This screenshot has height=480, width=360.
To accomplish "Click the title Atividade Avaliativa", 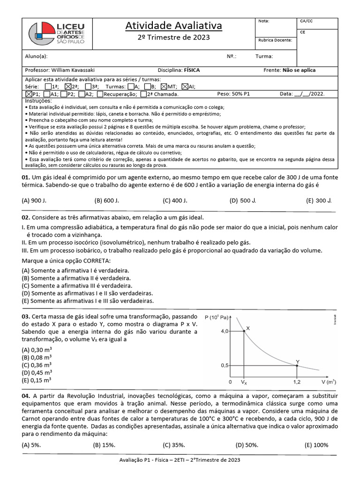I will (x=173, y=25).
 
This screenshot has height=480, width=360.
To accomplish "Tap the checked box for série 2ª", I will (x=68, y=87).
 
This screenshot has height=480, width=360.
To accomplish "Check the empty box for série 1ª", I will (x=48, y=87).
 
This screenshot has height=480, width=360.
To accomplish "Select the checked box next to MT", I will (x=164, y=87).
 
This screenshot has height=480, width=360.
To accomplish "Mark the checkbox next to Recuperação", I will (x=100, y=94).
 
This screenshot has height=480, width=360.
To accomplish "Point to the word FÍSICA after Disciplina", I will (x=192, y=70).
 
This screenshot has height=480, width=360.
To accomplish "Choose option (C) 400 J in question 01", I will (x=175, y=201).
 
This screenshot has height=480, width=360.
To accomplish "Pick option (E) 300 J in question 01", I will (x=319, y=201).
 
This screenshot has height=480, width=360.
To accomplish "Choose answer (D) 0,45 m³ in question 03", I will (x=37, y=373).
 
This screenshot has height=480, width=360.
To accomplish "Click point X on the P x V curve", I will (x=244, y=330).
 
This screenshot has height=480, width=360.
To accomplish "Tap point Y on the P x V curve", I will (x=297, y=365).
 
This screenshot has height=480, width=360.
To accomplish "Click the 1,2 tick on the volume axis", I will (x=297, y=382).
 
